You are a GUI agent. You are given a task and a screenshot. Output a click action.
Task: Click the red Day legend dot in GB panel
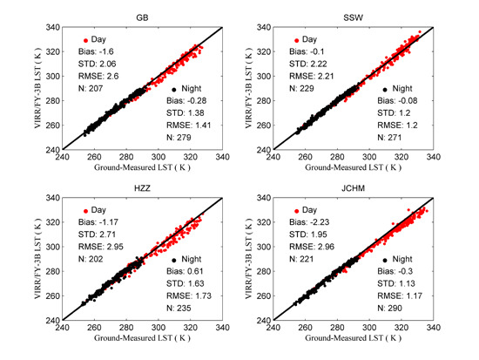pyautogui.click(x=85, y=40)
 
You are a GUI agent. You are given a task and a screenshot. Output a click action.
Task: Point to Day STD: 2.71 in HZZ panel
pyautogui.click(x=105, y=235)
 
